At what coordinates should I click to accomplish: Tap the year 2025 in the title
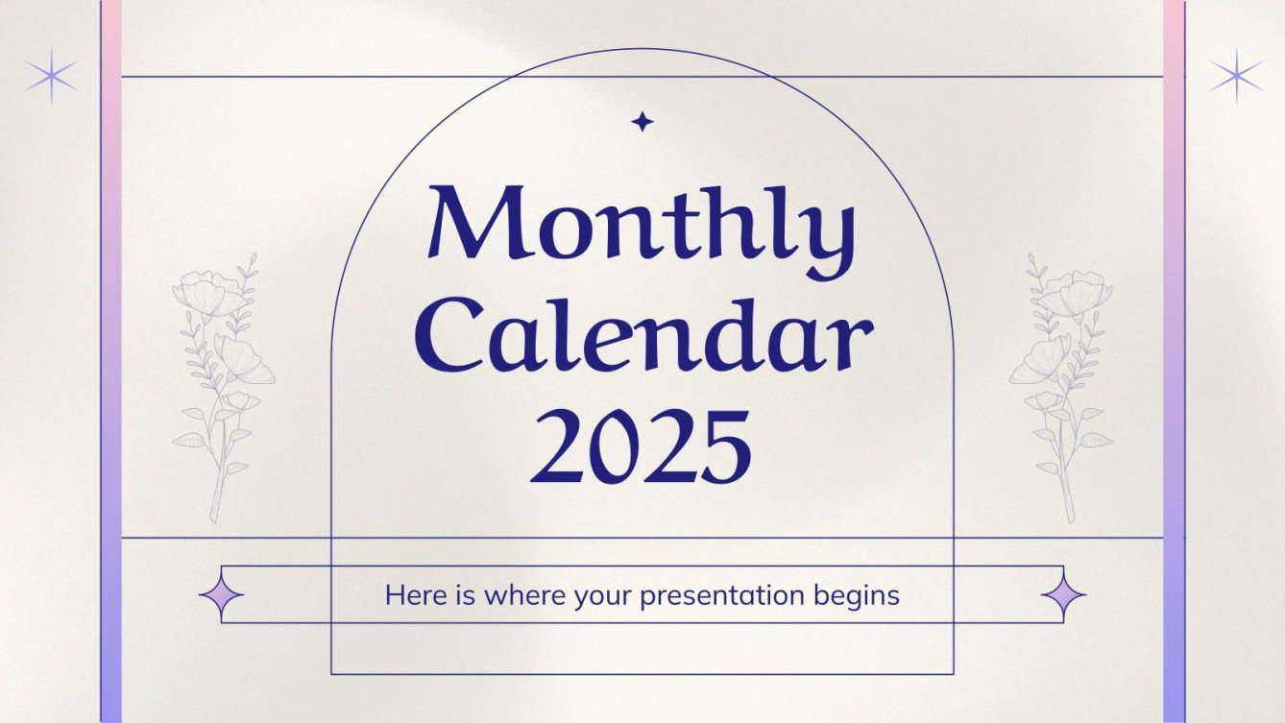(642, 446)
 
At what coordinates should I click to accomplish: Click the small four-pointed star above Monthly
(642, 121)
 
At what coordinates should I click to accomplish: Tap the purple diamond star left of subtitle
(221, 595)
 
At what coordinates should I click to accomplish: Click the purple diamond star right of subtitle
(1064, 595)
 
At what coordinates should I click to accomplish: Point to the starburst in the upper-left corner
(51, 77)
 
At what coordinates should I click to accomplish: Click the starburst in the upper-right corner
(1237, 77)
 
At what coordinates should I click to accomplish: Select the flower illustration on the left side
(221, 384)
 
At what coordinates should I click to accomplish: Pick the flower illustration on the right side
(1061, 384)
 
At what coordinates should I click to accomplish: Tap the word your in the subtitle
(603, 596)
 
